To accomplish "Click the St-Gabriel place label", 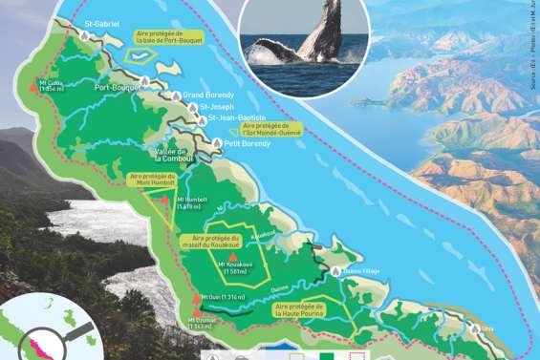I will [103, 21].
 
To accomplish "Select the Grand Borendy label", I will [208, 95].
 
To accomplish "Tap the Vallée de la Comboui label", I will [174, 155].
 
